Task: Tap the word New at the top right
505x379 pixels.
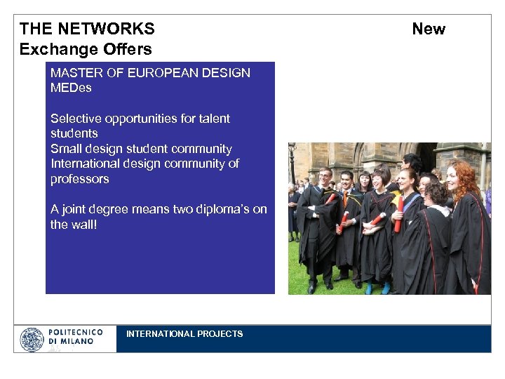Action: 428,29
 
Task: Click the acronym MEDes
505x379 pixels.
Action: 71,88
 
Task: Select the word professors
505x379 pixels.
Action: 79,179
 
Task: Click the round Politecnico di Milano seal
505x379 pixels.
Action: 32,340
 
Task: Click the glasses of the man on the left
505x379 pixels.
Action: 325,176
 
